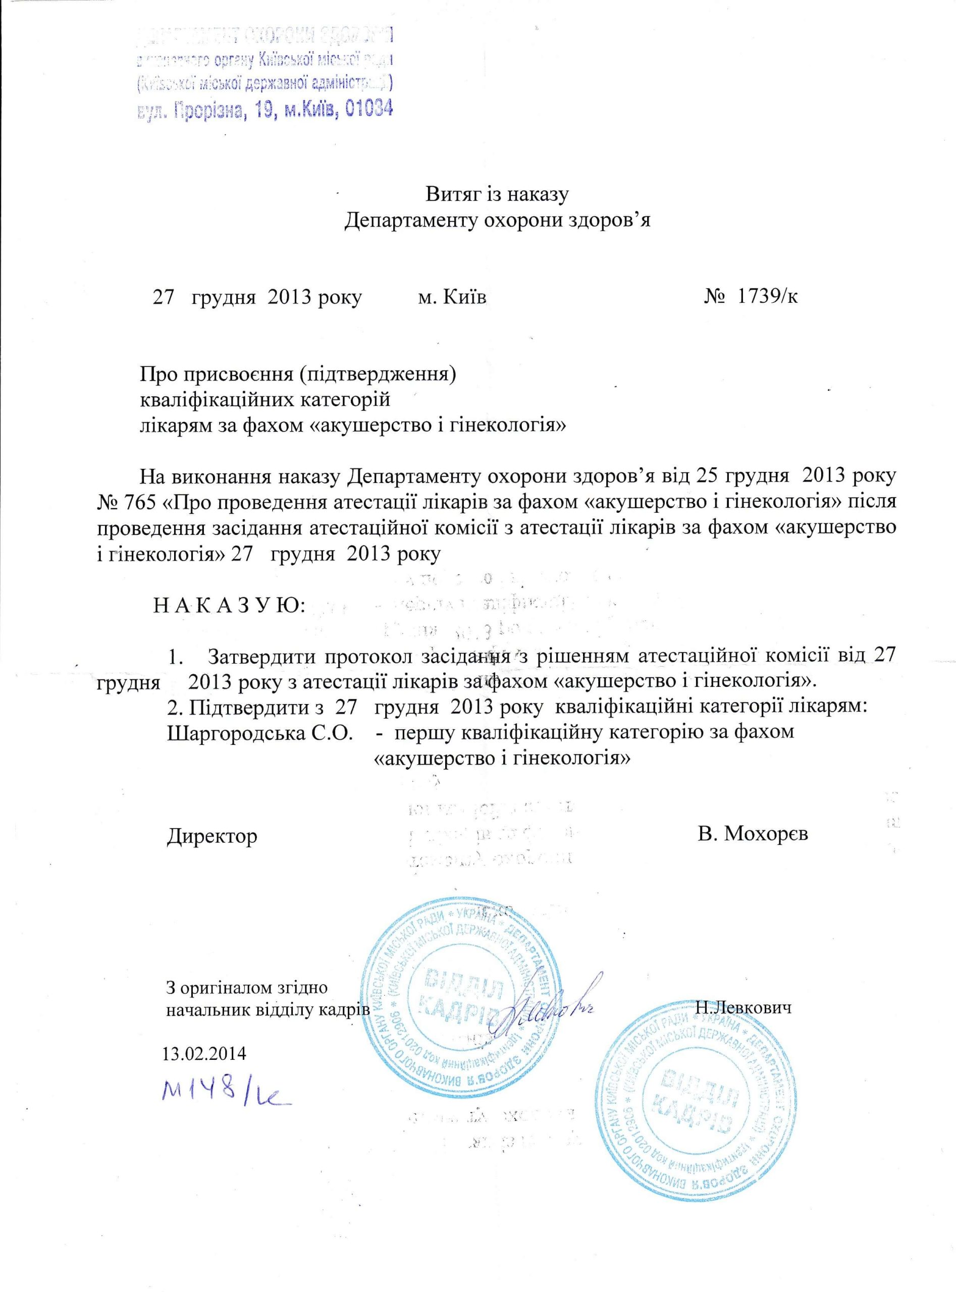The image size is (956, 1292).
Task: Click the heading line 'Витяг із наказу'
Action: [x=498, y=194]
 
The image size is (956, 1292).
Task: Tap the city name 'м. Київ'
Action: [x=452, y=297]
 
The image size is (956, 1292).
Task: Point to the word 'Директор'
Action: [x=213, y=835]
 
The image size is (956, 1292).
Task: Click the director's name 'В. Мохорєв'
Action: [x=752, y=833]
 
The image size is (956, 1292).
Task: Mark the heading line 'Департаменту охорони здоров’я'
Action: [x=498, y=221]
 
